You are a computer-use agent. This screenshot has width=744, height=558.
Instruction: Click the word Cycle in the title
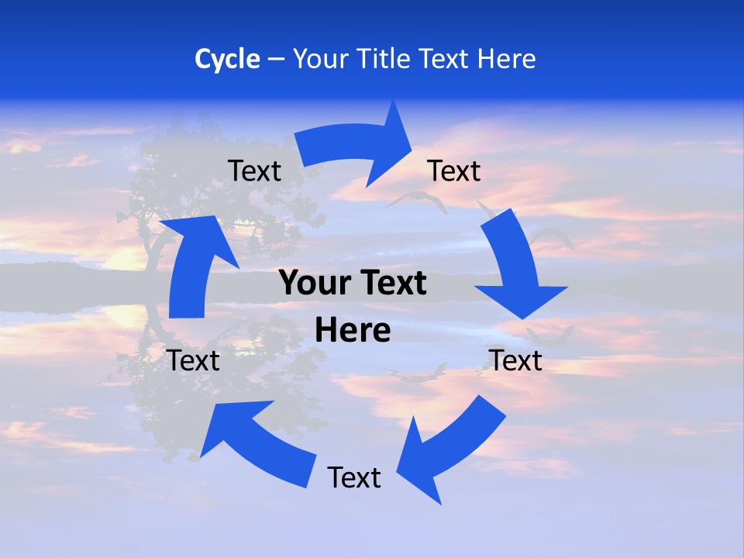[227, 59]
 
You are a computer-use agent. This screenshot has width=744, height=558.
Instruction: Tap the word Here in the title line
[506, 59]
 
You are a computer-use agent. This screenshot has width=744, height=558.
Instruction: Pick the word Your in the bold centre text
[310, 284]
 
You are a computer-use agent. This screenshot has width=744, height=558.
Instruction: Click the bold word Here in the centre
[353, 331]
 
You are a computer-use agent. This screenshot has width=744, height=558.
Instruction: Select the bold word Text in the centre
[391, 284]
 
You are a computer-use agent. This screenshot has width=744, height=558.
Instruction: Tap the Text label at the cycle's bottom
[354, 478]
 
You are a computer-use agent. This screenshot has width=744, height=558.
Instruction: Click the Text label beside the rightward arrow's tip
[454, 171]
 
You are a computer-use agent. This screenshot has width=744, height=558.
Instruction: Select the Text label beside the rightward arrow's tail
[254, 171]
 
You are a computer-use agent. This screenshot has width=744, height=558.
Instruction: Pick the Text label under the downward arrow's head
[515, 361]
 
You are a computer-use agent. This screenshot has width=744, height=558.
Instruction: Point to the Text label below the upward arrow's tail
[194, 361]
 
